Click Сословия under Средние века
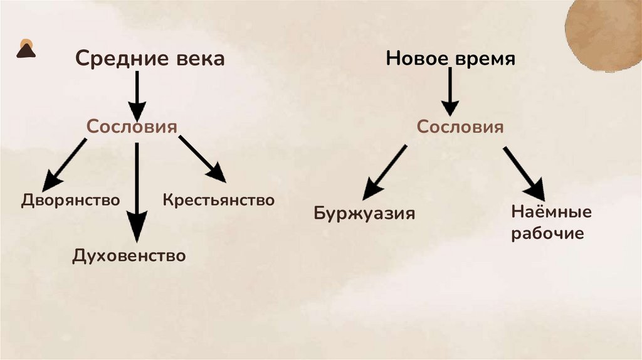pyautogui.click(x=132, y=126)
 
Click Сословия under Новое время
pyautogui.click(x=461, y=127)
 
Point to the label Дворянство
pyautogui.click(x=70, y=200)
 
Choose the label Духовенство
pyautogui.click(x=129, y=255)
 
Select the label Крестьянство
pyautogui.click(x=219, y=200)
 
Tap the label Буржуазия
pyautogui.click(x=364, y=213)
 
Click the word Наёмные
pyautogui.click(x=551, y=212)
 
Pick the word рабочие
pyautogui.click(x=547, y=234)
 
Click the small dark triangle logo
pyautogui.click(x=26, y=49)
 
